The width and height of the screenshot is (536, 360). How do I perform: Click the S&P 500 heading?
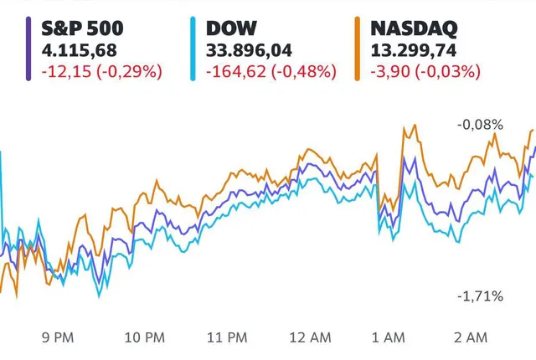[77, 29]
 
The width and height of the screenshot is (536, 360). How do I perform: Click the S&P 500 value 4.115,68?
[76, 50]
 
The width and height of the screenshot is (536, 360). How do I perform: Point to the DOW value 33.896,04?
[242, 50]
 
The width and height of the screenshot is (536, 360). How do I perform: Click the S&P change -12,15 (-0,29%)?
[100, 71]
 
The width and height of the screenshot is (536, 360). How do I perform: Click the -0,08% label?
[481, 125]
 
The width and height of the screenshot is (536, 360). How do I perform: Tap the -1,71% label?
[481, 296]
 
